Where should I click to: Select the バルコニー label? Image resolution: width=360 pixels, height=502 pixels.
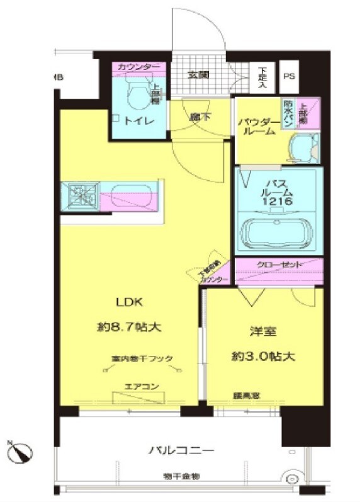(x=182, y=450)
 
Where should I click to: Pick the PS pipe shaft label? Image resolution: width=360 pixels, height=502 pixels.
(x=289, y=76)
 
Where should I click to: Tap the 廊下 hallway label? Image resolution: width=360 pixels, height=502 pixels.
(x=199, y=117)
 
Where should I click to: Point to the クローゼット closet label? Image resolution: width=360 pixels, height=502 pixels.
(x=279, y=265)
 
